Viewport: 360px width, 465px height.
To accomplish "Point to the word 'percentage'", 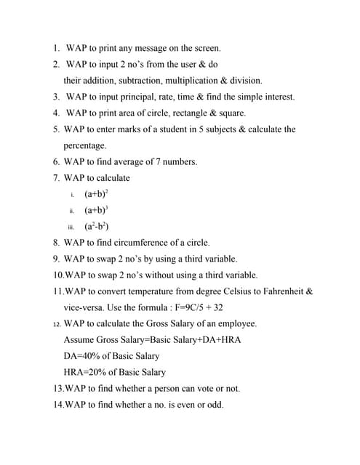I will [x=85, y=145].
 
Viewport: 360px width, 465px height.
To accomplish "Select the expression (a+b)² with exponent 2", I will [x=97, y=194].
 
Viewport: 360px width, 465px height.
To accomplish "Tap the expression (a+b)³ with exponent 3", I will [x=97, y=210].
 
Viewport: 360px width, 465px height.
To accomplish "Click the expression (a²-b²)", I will [x=97, y=226].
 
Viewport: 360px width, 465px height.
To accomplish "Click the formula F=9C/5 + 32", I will [x=212, y=307].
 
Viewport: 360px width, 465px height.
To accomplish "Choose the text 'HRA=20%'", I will [x=85, y=372].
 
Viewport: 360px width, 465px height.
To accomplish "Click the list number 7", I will [x=56, y=178].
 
